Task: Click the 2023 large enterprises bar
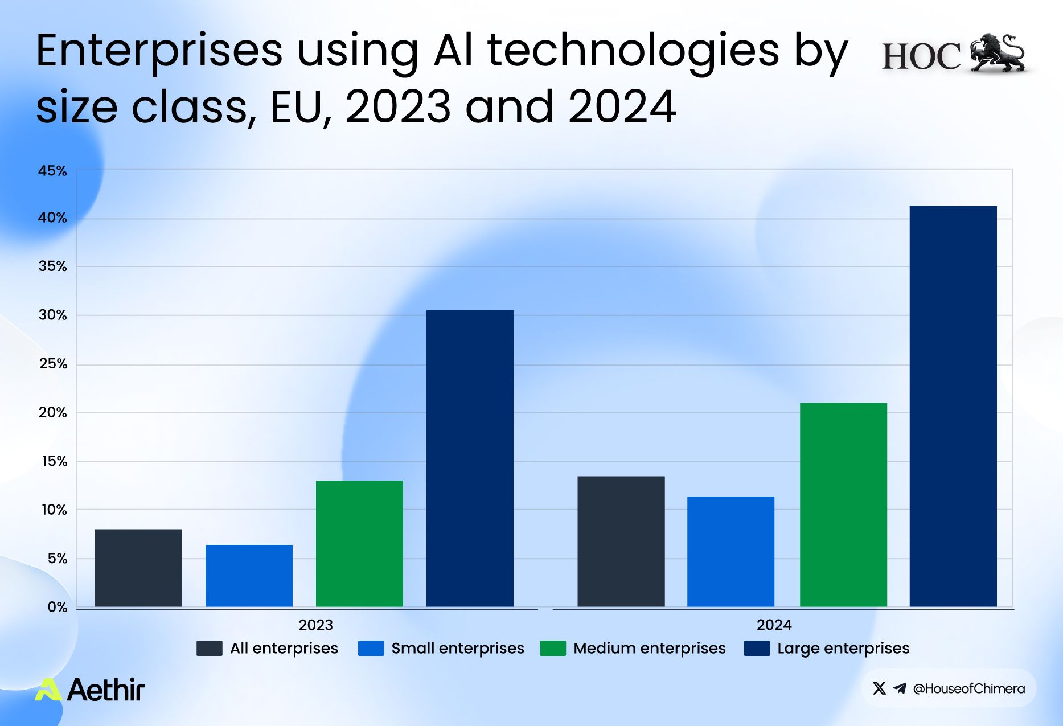click(x=470, y=458)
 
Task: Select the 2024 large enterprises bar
click(x=953, y=407)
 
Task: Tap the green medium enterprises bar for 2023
click(x=359, y=544)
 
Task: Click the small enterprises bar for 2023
click(x=249, y=576)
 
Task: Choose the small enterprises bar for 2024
click(x=730, y=552)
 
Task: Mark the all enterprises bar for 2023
click(x=138, y=568)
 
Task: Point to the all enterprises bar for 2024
click(x=621, y=542)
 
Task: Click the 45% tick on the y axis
click(x=52, y=171)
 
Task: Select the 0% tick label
click(x=57, y=607)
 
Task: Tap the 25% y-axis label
click(x=53, y=364)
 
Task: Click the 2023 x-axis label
click(x=315, y=625)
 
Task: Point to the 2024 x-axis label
click(x=774, y=625)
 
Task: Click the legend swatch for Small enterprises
click(x=371, y=649)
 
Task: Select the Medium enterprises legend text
click(x=649, y=649)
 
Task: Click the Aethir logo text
click(x=106, y=690)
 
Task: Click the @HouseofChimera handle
click(x=968, y=688)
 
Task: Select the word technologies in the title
click(x=633, y=51)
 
